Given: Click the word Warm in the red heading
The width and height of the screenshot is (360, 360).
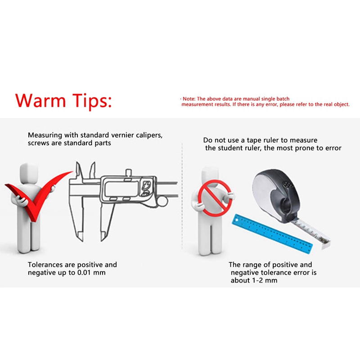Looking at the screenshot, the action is tap(40, 100).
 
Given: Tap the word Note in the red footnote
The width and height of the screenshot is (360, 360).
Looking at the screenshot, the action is tap(189, 99).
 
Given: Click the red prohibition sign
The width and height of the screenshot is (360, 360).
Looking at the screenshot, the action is tap(215, 198).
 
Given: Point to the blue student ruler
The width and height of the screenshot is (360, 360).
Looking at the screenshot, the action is tap(272, 234).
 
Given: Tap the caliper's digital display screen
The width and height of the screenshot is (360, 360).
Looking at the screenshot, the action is tap(121, 189).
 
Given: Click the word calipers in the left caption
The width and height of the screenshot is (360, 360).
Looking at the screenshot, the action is tap(149, 135).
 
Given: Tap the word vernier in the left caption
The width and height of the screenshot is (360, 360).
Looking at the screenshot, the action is tap(123, 135).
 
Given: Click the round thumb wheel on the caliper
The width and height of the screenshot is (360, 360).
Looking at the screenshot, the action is tap(162, 201).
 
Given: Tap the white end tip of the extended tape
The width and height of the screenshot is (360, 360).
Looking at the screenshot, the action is tap(326, 244).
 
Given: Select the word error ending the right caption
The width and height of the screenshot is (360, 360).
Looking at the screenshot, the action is tap(333, 148).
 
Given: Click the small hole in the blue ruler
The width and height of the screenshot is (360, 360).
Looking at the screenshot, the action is tap(237, 221).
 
